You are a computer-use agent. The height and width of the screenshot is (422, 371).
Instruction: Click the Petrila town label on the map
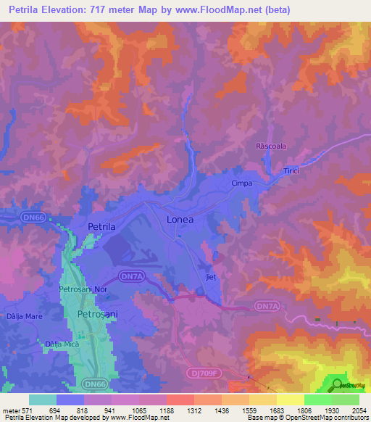(x=101, y=227)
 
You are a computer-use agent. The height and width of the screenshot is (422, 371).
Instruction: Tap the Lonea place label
(x=180, y=219)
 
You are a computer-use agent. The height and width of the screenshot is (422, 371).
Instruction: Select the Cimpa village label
(x=241, y=183)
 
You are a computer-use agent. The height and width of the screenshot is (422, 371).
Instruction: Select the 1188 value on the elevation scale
(x=166, y=410)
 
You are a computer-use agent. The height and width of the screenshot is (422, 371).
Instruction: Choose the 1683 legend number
(x=276, y=410)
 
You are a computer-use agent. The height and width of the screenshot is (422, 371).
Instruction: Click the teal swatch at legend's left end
(x=43, y=400)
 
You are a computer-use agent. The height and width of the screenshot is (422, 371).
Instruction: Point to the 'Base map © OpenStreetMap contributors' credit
(x=307, y=418)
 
